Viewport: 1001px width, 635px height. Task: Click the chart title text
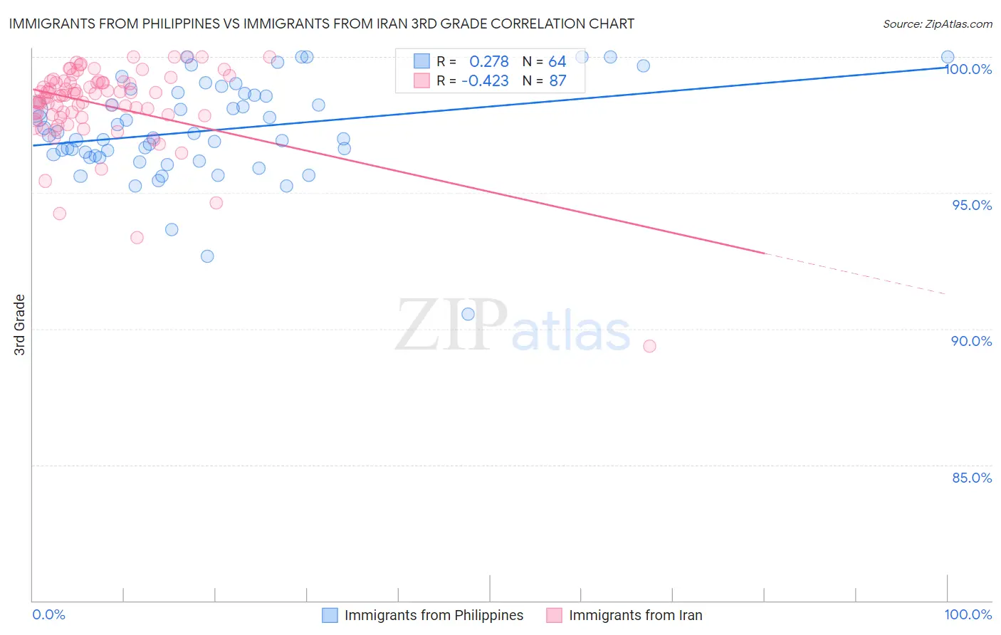pos(321,23)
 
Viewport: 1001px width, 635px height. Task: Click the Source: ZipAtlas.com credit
pos(937,23)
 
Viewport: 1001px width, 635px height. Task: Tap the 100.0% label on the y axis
pos(969,69)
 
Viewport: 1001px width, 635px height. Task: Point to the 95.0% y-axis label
pos(972,205)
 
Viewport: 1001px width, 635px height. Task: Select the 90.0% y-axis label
pos(972,341)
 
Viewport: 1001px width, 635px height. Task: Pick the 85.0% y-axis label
pos(972,478)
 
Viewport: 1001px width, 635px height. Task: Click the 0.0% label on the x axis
pos(48,614)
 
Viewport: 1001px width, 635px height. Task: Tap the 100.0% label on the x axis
pos(968,614)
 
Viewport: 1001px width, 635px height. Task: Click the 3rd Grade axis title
pos(20,325)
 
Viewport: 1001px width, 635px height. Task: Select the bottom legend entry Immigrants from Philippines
pos(434,615)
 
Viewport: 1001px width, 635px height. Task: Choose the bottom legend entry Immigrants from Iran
pos(635,615)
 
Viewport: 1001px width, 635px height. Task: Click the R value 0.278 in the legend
pos(488,62)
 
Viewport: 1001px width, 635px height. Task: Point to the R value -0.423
pos(485,81)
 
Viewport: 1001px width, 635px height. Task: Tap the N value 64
pos(557,62)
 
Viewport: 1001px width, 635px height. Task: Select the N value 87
pos(557,81)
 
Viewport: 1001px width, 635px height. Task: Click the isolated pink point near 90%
pos(649,346)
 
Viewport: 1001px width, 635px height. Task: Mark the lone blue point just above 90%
pos(468,314)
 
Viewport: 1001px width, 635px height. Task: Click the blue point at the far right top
pos(948,57)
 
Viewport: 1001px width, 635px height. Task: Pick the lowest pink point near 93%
pos(137,237)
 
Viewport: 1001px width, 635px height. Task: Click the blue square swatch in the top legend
pos(422,61)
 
